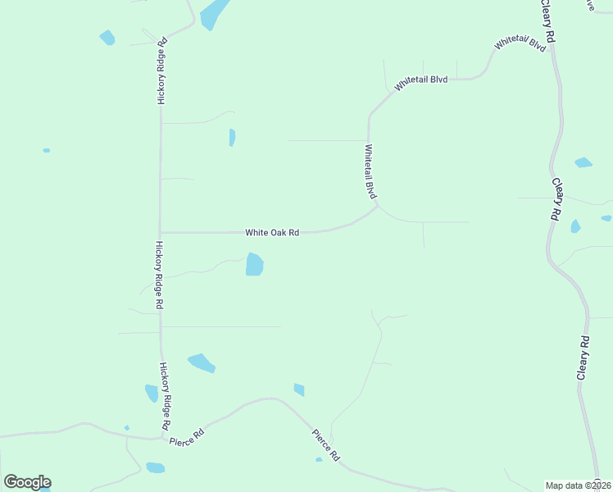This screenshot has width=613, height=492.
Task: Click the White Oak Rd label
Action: [x=272, y=233]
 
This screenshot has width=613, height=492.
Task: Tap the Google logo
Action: [x=27, y=482]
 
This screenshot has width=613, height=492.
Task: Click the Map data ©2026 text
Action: [x=579, y=485]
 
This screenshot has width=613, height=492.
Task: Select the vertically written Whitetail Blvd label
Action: [x=370, y=172]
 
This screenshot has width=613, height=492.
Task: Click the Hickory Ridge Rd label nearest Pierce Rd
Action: [x=165, y=397]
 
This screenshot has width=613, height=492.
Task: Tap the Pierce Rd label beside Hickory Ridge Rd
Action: [x=186, y=437]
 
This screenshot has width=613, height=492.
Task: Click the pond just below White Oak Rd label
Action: [x=254, y=264]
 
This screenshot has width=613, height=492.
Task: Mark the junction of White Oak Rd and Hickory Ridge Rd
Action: [x=160, y=232]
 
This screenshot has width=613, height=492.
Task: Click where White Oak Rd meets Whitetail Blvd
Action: [x=377, y=207]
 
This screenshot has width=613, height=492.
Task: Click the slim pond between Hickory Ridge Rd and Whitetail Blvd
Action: [x=232, y=137]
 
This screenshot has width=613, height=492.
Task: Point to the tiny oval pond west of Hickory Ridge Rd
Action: [x=46, y=150]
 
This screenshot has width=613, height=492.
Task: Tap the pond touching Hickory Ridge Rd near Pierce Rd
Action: [x=152, y=394]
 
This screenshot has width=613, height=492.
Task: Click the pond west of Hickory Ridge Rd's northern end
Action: [x=107, y=37]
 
